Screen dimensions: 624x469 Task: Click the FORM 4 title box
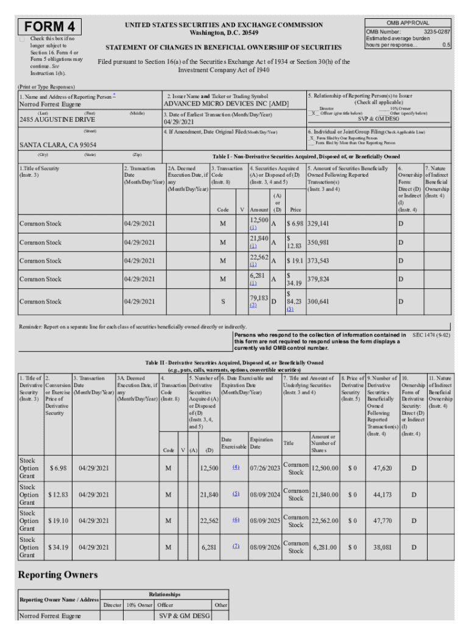point(51,27)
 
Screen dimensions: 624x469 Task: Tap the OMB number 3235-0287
point(437,31)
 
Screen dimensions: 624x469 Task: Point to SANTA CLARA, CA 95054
point(58,145)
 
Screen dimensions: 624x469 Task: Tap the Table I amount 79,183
point(259,298)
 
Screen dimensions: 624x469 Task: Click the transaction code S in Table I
point(223,302)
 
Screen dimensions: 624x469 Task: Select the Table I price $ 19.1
point(296,261)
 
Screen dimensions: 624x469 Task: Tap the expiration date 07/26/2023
point(264,468)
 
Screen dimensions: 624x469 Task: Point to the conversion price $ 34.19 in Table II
point(58,548)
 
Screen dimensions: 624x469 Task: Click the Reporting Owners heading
point(58,575)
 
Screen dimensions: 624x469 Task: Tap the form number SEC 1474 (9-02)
point(431,335)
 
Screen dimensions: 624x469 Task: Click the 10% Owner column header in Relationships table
point(139,605)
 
